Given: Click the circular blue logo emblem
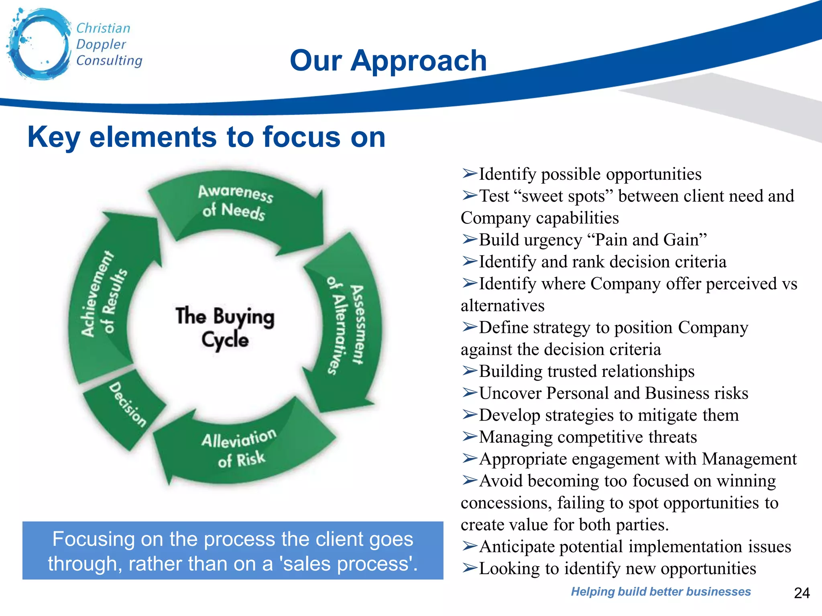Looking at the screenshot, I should coord(39,44).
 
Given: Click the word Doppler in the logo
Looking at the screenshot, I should coord(101,44).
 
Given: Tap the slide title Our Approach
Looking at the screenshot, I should coord(388,61).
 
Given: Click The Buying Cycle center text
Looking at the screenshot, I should coord(225,327).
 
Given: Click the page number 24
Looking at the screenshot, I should coord(802,593).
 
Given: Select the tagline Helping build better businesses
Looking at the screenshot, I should coord(661,592).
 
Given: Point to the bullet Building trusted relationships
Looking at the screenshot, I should coord(586,371).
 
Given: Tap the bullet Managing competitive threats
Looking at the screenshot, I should coord(588,437).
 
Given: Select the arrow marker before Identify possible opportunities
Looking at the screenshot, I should coord(469,174).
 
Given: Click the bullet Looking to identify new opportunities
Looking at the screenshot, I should coord(617,569).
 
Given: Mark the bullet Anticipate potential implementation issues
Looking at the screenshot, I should coord(635,547).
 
